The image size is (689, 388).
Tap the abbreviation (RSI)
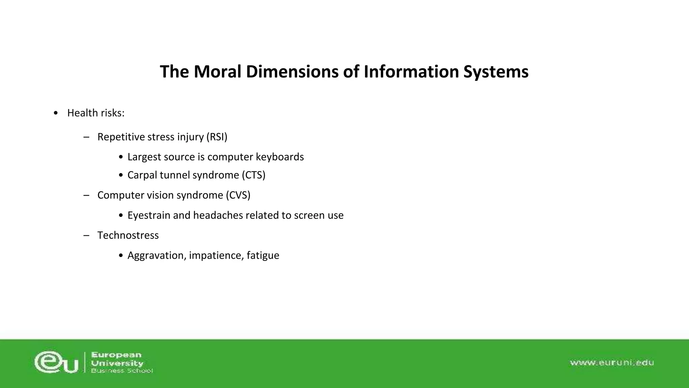coord(217,137)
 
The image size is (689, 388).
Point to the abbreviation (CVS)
coord(238,195)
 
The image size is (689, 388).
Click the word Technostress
coord(128,235)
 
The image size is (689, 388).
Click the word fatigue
coord(263,255)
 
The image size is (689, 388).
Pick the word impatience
coord(216,255)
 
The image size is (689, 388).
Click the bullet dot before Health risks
coord(56,113)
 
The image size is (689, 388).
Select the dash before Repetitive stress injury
coord(86,137)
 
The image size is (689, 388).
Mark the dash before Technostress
coord(86,235)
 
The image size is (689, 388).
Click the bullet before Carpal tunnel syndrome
coord(121,175)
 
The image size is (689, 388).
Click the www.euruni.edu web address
coord(612,363)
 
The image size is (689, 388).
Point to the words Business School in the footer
coord(122,371)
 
